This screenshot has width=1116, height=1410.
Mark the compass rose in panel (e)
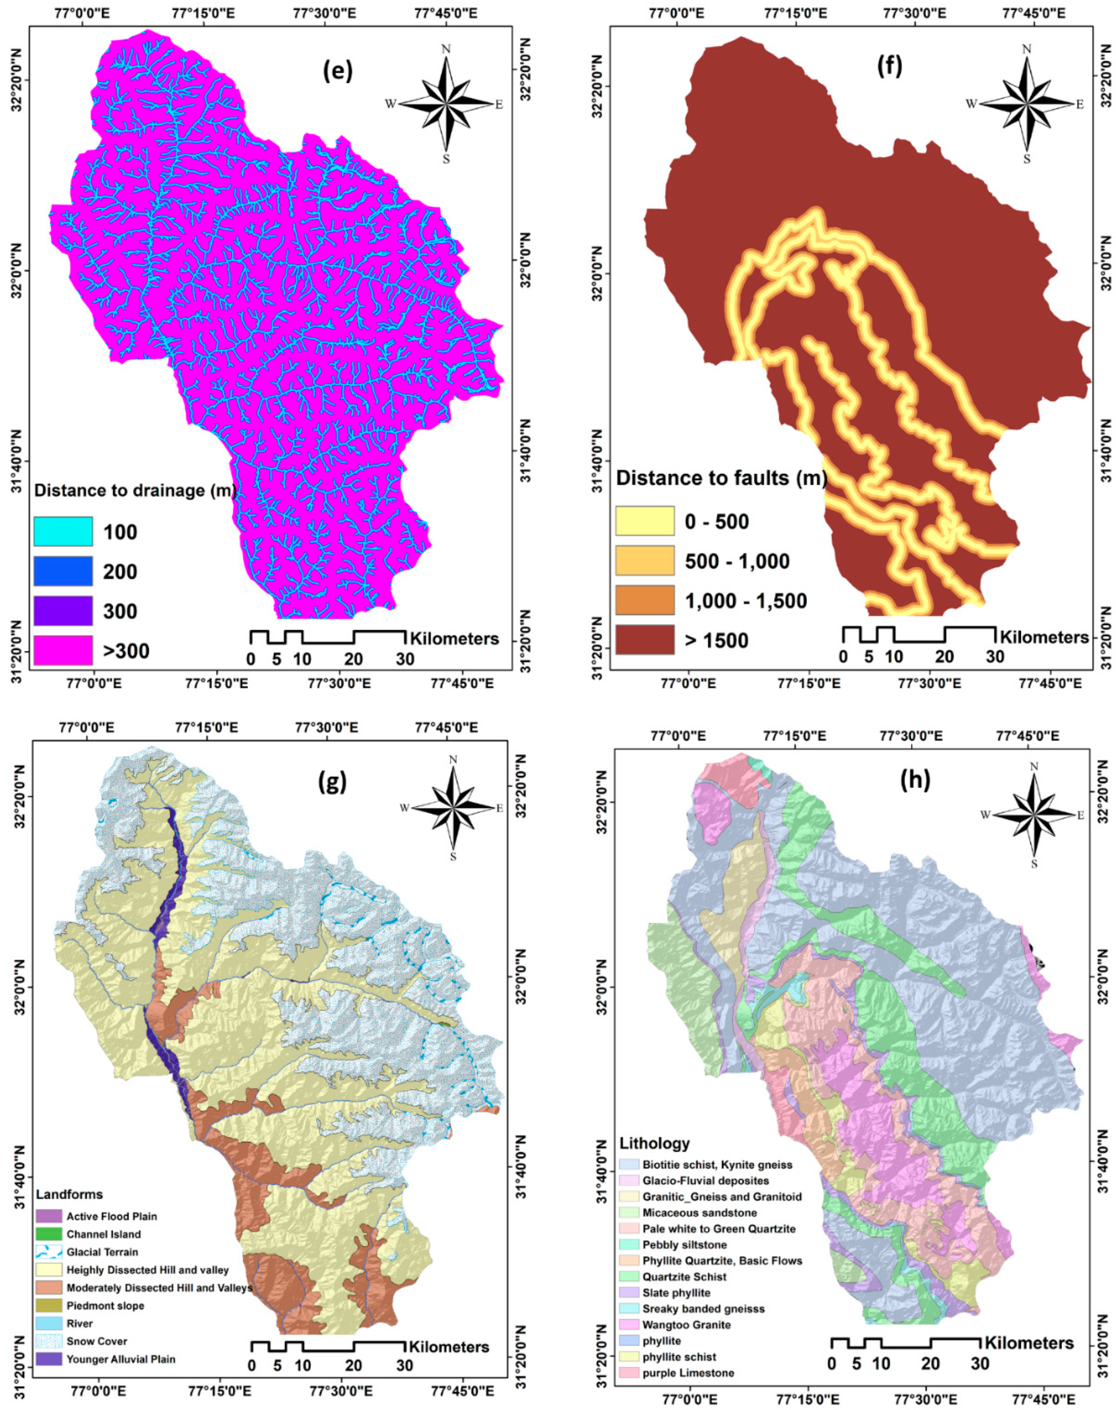pyautogui.click(x=446, y=105)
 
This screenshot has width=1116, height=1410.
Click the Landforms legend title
pyautogui.click(x=69, y=1213)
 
